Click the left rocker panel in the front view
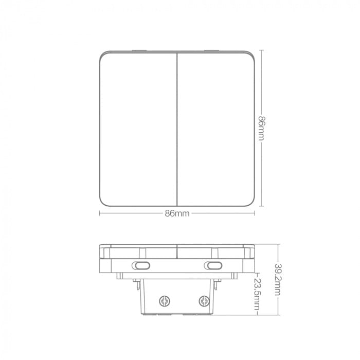pos(138,129)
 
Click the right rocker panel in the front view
pos(216,129)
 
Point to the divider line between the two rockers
pos(177,129)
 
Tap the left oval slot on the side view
pos(142,265)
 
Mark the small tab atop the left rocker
pos(139,50)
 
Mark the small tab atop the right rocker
pos(212,50)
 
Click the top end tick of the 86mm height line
pos(262,50)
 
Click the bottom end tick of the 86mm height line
pos(262,206)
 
